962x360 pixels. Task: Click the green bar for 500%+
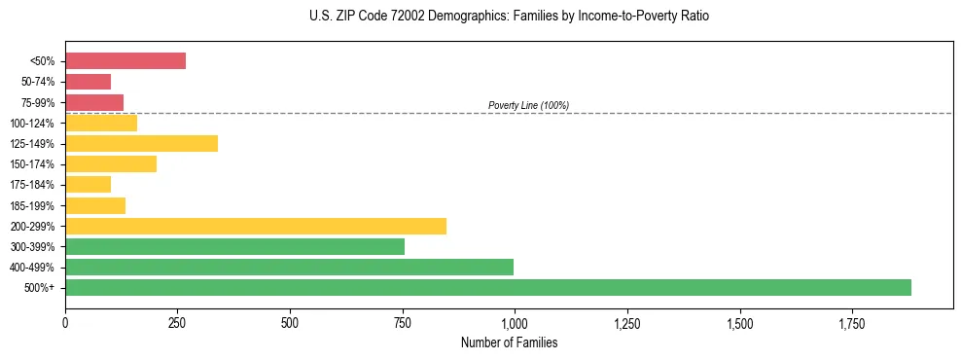[488, 287]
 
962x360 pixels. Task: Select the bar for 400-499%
[289, 267]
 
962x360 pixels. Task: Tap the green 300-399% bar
[234, 246]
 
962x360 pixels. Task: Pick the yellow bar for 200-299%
[256, 226]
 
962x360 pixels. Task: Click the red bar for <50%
[125, 60]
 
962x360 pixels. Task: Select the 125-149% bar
[141, 143]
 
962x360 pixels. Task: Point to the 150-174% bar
[111, 163]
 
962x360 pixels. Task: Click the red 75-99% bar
[94, 102]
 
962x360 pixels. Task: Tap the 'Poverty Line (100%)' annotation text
[528, 105]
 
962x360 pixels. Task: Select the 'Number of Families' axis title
[509, 342]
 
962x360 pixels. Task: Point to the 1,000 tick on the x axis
[514, 321]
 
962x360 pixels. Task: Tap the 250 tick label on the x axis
[177, 321]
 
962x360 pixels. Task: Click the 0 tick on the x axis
[65, 321]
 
